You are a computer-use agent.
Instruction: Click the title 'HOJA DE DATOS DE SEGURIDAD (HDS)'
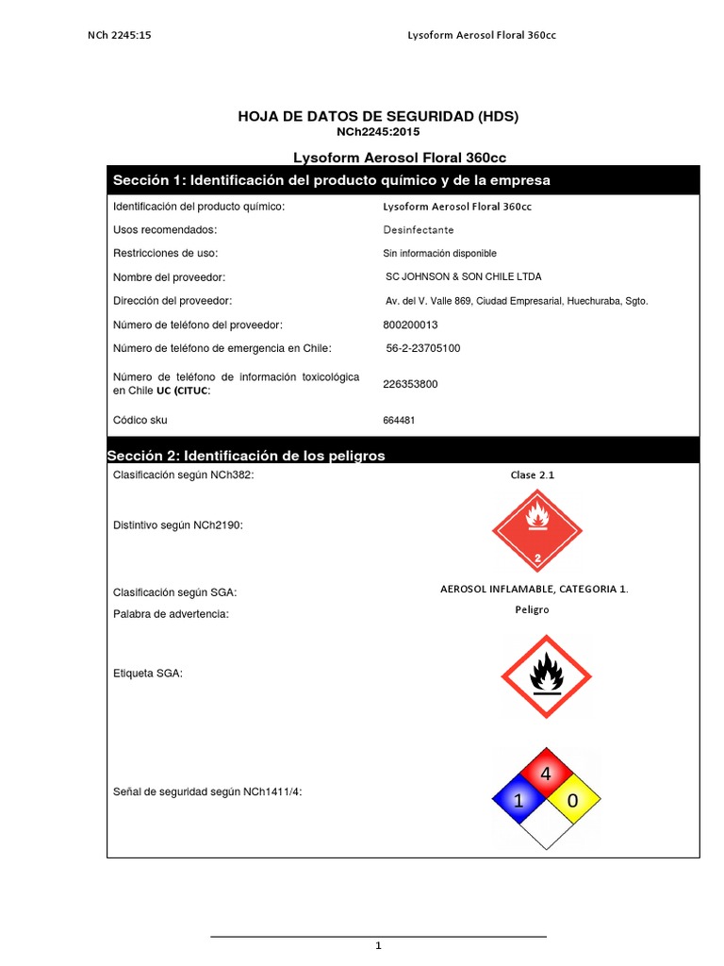pyautogui.click(x=378, y=116)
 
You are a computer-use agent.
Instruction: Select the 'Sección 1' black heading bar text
pyautogui.click(x=331, y=180)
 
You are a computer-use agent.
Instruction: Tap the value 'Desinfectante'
pyautogui.click(x=418, y=230)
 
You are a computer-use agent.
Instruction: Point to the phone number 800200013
pyautogui.click(x=411, y=324)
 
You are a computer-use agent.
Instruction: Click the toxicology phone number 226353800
pyautogui.click(x=410, y=384)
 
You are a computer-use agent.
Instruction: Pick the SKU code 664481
pyautogui.click(x=399, y=420)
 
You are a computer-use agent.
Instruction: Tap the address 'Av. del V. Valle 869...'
pyautogui.click(x=511, y=301)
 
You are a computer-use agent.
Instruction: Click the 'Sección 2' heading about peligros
pyautogui.click(x=246, y=456)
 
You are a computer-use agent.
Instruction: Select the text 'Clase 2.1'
pyautogui.click(x=533, y=475)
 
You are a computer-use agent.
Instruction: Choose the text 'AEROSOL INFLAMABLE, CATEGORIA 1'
pyautogui.click(x=534, y=589)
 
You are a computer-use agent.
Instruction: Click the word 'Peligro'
pyautogui.click(x=532, y=609)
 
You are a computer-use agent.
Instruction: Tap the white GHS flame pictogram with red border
pyautogui.click(x=544, y=675)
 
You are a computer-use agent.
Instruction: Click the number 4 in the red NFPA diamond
pyautogui.click(x=545, y=774)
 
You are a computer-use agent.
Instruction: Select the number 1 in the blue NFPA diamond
pyautogui.click(x=517, y=802)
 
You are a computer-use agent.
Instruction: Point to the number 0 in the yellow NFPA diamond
pyautogui.click(x=571, y=802)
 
